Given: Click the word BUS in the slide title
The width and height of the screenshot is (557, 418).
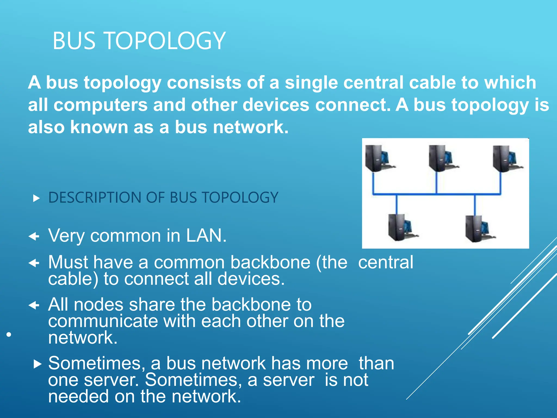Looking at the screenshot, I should [x=74, y=41].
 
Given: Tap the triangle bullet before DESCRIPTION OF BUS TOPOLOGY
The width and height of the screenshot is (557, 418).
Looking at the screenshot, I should [x=36, y=198].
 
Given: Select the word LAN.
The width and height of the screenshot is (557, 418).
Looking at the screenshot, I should [x=206, y=236].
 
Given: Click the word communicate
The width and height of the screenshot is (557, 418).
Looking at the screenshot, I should [x=103, y=321].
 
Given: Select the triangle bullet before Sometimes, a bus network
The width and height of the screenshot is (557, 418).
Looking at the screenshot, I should [x=37, y=364].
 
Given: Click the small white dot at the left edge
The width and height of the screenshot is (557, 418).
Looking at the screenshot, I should [x=9, y=334].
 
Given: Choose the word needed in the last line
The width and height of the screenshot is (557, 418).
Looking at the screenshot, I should [x=79, y=396].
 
